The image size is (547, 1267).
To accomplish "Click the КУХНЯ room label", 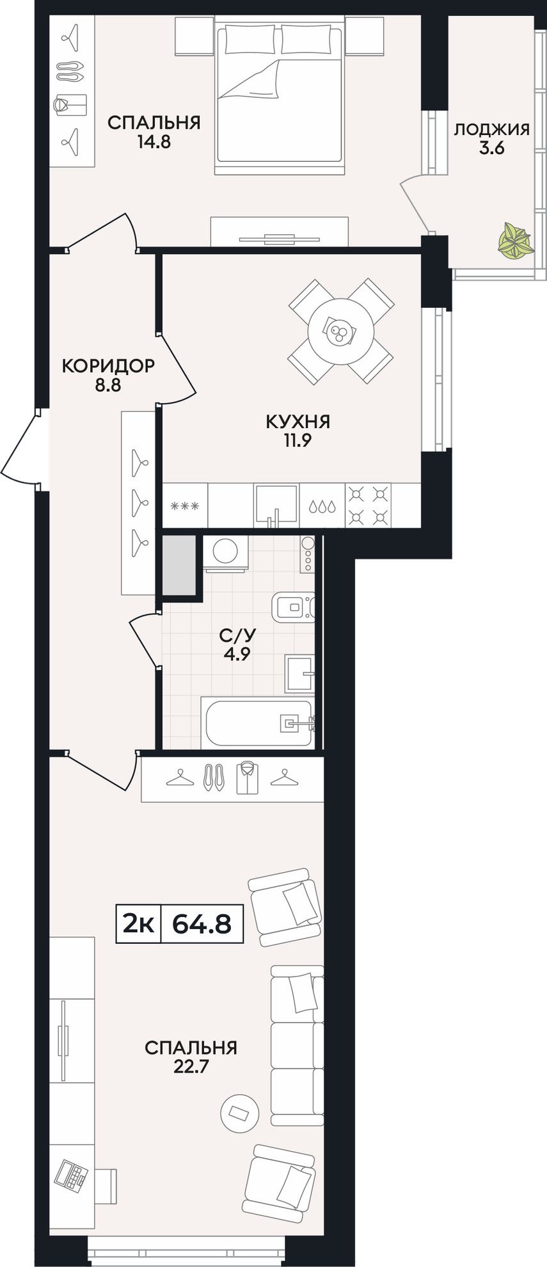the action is [297, 422].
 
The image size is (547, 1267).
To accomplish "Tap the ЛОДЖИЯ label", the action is [491, 129].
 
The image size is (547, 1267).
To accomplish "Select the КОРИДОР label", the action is [107, 366].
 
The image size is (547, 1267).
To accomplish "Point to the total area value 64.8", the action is [202, 923].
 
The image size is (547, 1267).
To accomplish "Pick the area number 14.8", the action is [154, 142].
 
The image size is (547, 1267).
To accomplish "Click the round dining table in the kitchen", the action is [340, 331].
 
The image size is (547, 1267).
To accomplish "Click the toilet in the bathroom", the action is [294, 608].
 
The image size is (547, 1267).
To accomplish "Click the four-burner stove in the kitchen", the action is [369, 505].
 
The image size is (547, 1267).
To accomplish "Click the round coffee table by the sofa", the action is [239, 1113].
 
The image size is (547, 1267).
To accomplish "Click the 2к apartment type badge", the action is [138, 923].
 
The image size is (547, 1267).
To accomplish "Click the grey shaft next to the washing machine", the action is [179, 564].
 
